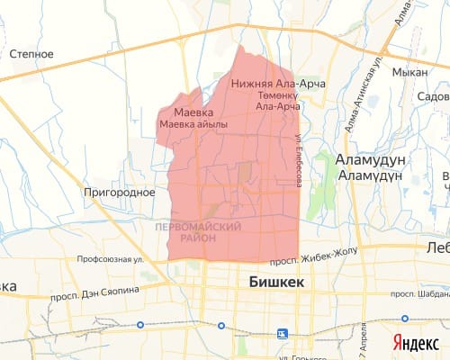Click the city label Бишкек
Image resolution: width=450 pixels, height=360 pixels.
[275, 282]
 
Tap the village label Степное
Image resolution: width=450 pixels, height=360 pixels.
[31, 54]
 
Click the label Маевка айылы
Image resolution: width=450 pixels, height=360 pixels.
[193, 124]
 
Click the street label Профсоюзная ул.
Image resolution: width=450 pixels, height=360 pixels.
[111, 261]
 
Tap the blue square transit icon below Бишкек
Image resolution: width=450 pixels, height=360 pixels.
[282, 333]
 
